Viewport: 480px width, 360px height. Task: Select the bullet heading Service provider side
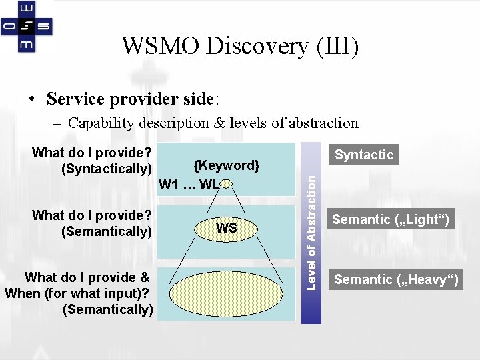click(131, 99)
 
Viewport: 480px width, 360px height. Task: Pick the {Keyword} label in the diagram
click(226, 165)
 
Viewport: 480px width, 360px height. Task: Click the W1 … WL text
click(189, 184)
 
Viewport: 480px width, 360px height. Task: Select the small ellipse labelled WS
click(227, 228)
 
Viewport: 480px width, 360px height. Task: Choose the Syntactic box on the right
click(364, 155)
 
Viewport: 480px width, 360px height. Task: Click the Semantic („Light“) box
click(391, 219)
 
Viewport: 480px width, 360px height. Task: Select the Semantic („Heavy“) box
click(397, 279)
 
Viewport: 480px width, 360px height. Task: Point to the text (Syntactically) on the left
click(107, 169)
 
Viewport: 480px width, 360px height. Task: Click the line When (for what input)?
click(76, 293)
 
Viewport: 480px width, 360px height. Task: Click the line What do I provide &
click(87, 277)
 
